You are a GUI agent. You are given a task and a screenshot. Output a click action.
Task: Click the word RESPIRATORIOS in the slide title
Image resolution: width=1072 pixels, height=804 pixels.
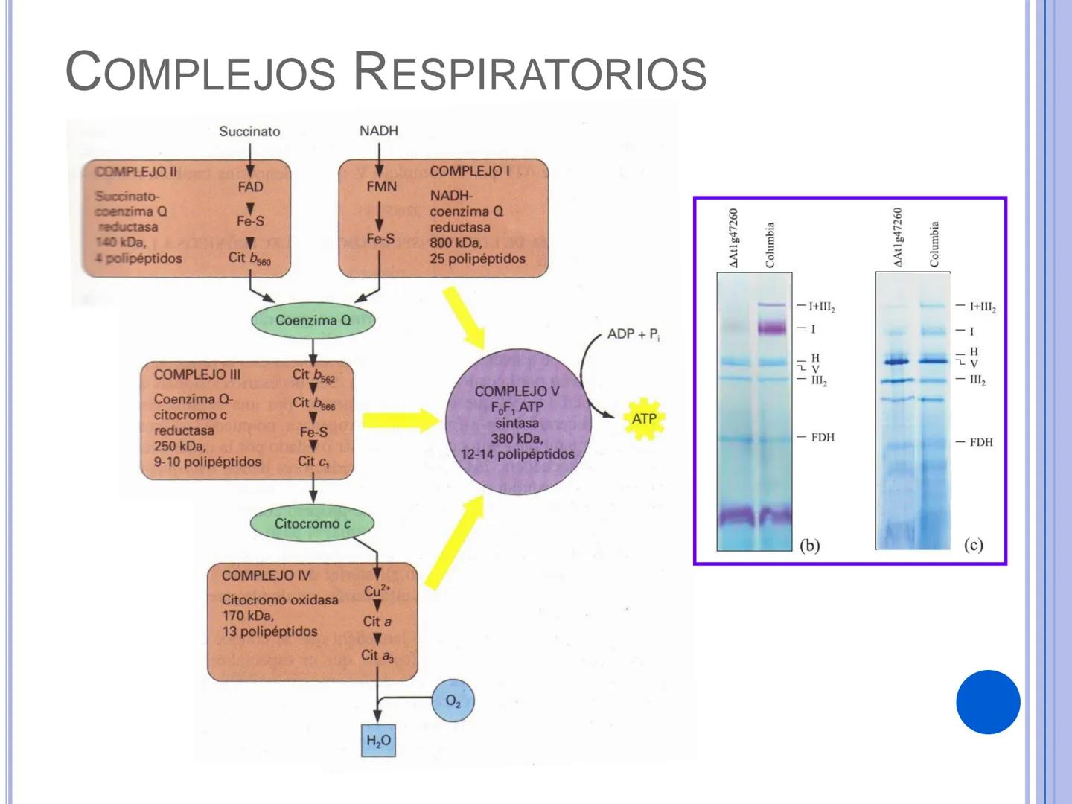(529, 73)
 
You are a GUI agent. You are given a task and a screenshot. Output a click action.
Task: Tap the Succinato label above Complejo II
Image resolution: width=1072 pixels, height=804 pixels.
(249, 131)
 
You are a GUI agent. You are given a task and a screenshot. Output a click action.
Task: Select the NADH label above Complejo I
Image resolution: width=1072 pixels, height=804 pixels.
(378, 130)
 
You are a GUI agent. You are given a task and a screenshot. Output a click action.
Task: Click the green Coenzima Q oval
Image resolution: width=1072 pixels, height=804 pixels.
(313, 320)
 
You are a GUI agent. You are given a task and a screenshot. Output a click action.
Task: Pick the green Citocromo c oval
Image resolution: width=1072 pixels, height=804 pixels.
(312, 523)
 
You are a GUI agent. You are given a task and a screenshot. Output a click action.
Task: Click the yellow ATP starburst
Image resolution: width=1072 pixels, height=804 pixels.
(643, 419)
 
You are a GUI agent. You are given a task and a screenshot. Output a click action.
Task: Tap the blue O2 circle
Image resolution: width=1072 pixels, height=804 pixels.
(453, 701)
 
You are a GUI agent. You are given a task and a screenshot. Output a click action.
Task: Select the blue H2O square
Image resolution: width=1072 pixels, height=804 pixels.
(378, 741)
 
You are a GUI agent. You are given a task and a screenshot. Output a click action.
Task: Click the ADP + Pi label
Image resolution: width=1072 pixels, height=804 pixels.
(633, 334)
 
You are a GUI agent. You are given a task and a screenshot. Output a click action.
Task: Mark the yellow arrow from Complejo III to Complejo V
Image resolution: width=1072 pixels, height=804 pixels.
(401, 420)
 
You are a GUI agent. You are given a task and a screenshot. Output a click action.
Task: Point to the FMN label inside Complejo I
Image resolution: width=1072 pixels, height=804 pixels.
(381, 186)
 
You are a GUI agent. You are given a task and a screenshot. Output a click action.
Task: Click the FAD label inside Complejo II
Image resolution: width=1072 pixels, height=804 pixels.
(250, 187)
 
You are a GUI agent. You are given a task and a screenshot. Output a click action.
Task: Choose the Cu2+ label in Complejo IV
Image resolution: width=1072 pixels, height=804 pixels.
(377, 590)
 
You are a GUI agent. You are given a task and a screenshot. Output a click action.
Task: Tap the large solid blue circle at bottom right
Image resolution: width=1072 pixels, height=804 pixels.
(988, 702)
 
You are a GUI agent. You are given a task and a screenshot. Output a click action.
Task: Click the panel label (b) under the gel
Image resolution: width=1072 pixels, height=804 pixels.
(810, 545)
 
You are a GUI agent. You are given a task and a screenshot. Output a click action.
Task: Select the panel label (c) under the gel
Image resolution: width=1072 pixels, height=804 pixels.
(973, 545)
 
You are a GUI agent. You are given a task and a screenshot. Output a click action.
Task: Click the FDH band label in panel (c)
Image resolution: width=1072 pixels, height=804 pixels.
(981, 442)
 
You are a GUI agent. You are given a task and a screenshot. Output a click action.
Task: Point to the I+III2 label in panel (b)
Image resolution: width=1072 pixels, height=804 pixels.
(822, 307)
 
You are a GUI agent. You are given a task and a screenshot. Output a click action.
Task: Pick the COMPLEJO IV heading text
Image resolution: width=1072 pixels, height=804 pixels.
(265, 575)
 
